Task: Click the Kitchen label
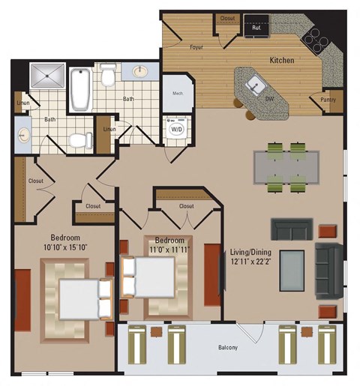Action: pyautogui.click(x=282, y=60)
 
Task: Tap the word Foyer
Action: pyautogui.click(x=196, y=46)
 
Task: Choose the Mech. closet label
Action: pyautogui.click(x=178, y=94)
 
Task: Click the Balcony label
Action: pyautogui.click(x=228, y=347)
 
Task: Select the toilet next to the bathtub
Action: pyautogui.click(x=108, y=76)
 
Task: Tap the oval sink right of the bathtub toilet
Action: pyautogui.click(x=140, y=73)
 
